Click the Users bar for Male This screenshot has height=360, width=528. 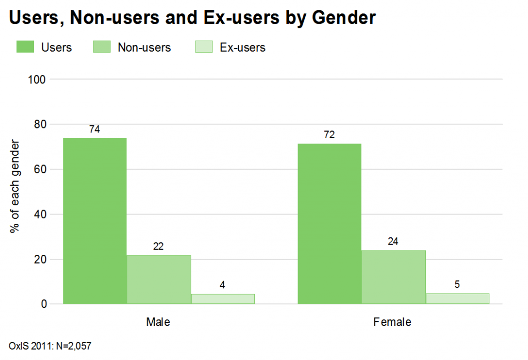95,221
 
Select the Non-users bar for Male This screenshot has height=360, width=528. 159,280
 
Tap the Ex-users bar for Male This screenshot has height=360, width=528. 223,299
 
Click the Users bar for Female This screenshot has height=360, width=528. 329,223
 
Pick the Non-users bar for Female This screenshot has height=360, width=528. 393,277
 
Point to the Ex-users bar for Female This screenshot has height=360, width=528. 457,298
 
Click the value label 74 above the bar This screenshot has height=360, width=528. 94,129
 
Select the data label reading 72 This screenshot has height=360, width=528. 329,135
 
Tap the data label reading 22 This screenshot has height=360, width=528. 158,247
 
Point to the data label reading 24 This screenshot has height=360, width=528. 393,241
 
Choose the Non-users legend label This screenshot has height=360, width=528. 144,47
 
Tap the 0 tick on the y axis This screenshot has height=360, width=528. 44,304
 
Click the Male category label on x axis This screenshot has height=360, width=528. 158,322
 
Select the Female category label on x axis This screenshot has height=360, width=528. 393,322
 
